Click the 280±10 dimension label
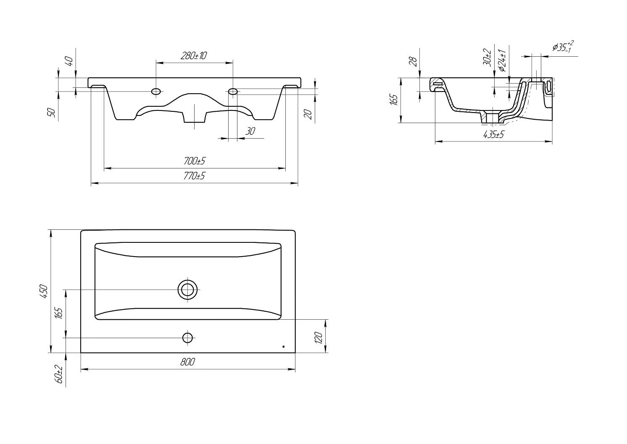(x=194, y=56)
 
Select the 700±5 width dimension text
(x=195, y=161)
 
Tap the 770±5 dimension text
(x=194, y=176)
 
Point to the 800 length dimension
(x=187, y=362)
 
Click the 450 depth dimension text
(x=44, y=291)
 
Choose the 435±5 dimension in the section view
(x=493, y=134)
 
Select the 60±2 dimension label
(x=59, y=374)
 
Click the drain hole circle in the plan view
(x=187, y=290)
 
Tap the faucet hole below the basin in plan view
(x=187, y=338)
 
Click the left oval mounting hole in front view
(x=156, y=91)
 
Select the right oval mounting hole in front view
(x=233, y=91)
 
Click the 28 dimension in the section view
(x=413, y=61)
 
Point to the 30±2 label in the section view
(x=487, y=58)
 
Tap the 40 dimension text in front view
(x=69, y=61)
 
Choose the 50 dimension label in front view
(x=52, y=113)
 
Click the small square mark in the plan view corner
(x=284, y=347)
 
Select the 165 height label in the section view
(x=393, y=100)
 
